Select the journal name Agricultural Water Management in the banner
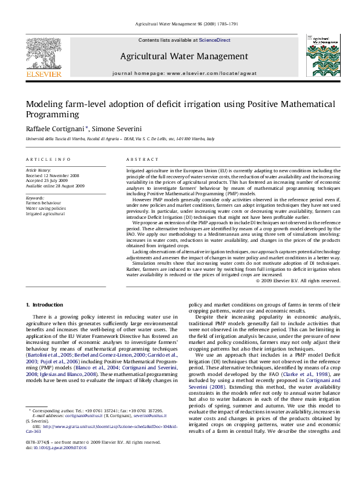coord(184,56)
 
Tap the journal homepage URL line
coord(184,73)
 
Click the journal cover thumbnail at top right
coord(320,54)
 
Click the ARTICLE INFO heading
coord(48,159)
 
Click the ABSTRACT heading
coord(142,159)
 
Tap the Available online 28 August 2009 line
coord(64,186)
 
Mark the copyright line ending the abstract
coord(298,281)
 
